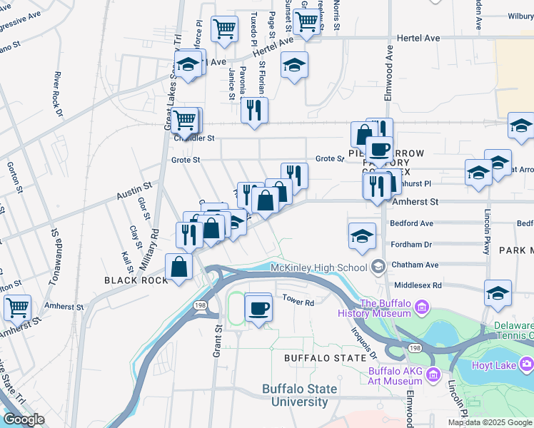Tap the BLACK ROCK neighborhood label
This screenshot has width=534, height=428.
pyautogui.click(x=136, y=280)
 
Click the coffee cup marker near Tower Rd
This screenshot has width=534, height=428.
pyautogui.click(x=258, y=308)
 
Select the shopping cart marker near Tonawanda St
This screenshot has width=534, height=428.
pyautogui.click(x=17, y=308)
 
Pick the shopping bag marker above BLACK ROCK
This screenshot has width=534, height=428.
pyautogui.click(x=178, y=267)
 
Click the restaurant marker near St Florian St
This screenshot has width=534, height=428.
pyautogui.click(x=255, y=110)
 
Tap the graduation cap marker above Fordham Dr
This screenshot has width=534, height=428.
pyautogui.click(x=363, y=235)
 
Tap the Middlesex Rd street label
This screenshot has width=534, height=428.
pyautogui.click(x=417, y=285)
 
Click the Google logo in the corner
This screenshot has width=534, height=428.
pyautogui.click(x=23, y=419)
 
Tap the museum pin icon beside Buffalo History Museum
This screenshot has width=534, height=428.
pyautogui.click(x=422, y=308)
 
